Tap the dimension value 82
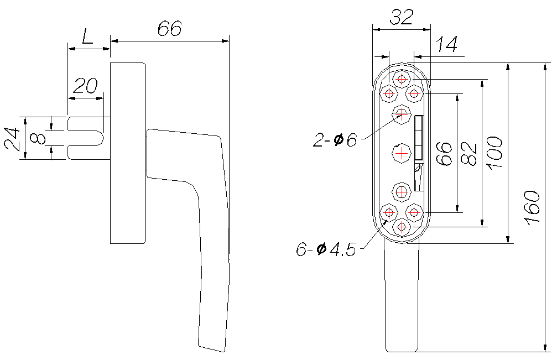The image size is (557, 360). [468, 153]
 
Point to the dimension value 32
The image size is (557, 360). [402, 17]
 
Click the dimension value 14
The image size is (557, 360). [446, 44]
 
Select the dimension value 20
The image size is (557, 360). [86, 86]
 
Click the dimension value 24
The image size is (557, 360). [12, 139]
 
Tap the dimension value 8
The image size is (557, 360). [38, 138]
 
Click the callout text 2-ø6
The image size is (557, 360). [335, 140]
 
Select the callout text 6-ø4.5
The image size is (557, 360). [326, 250]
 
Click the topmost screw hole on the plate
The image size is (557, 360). [402, 79]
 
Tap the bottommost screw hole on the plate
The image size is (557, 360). [402, 226]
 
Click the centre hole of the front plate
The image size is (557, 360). [402, 153]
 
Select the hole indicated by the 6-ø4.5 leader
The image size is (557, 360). [389, 213]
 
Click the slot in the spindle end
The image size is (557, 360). [85, 138]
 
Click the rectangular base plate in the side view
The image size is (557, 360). [128, 153]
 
